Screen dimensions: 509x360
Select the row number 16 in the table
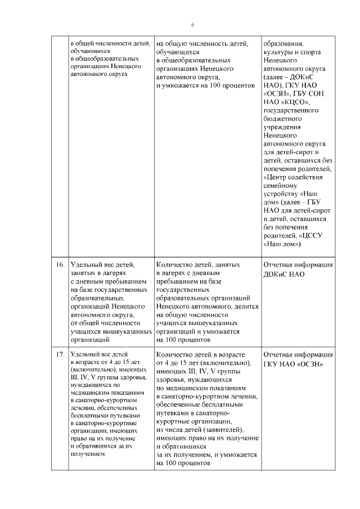coord(60,264)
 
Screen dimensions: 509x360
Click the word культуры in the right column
coord(278,52)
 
